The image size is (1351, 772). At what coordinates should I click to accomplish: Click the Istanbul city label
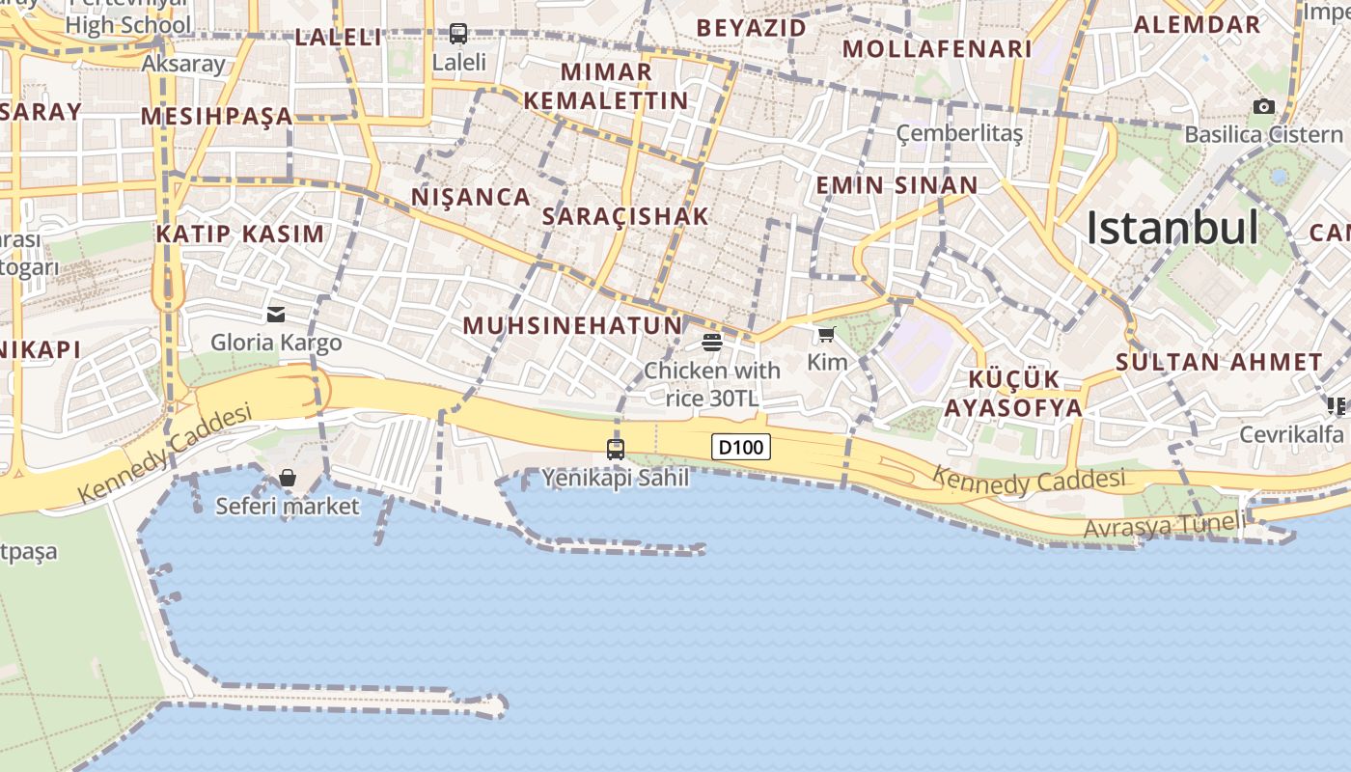pos(1172,229)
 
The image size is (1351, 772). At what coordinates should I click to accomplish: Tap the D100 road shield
pos(741,447)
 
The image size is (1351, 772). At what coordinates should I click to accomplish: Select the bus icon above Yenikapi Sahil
pos(616,449)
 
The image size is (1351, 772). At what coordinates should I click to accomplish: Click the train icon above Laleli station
pos(458,34)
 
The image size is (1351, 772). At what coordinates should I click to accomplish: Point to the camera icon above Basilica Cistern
pos(1263,106)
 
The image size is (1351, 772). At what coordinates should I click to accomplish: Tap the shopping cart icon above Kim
pos(826,335)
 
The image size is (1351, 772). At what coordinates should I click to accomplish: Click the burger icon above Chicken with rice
pos(712,342)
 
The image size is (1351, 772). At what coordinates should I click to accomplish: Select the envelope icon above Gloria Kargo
pos(276,314)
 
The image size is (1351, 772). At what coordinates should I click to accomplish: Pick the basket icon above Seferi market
pos(287,478)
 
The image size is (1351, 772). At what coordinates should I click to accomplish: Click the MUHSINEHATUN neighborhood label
pos(572,325)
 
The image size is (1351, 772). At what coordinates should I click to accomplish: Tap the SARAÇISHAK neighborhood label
pos(625,216)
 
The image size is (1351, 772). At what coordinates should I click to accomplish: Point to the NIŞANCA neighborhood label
pos(471,197)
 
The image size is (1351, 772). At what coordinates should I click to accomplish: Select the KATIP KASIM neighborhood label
pos(240,234)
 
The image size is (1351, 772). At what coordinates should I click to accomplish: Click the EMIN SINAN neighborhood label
pos(896,185)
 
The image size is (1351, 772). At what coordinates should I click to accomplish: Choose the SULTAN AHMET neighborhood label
pos(1219,363)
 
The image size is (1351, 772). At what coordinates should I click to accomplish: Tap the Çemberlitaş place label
pos(959,133)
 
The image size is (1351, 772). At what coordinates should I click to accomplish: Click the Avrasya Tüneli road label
pos(1164,526)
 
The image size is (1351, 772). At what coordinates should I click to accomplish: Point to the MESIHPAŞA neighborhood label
pos(216,117)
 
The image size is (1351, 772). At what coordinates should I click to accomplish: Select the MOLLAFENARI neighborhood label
pos(937,48)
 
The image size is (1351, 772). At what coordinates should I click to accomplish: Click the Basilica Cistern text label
pos(1263,134)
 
